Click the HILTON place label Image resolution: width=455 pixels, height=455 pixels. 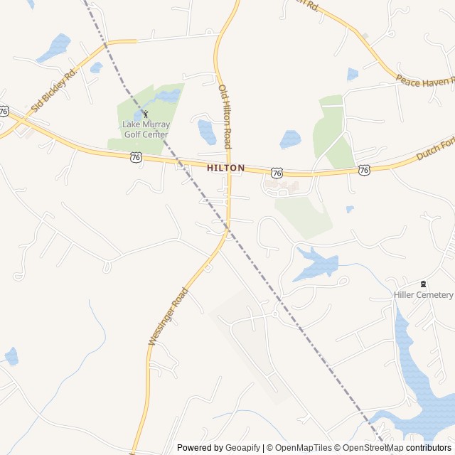pos(225,168)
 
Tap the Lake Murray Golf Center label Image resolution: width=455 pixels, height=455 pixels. pos(145,129)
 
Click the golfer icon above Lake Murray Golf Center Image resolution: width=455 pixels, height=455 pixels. pos(146,114)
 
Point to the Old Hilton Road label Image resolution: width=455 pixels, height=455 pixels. pos(225,117)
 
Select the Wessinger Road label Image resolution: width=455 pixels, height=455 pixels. pos(168,316)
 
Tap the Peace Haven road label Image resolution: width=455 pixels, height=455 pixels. pos(424,81)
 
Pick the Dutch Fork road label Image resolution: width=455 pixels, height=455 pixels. pos(435,147)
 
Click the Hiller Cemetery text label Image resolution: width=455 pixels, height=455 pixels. pos(424,295)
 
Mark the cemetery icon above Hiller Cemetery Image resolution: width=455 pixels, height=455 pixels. pos(424,284)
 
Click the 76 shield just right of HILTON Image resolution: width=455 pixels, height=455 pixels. pos(277,173)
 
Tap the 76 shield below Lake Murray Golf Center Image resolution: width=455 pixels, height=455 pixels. pos(136,157)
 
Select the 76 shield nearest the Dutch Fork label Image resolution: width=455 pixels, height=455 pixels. pos(364,170)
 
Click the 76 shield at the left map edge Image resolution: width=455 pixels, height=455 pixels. pos(4,111)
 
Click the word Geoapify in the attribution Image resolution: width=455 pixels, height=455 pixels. pos(243,448)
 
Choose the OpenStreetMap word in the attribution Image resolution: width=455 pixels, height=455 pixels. pos(372,448)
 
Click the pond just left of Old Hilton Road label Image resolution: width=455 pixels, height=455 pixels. pos(207,132)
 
